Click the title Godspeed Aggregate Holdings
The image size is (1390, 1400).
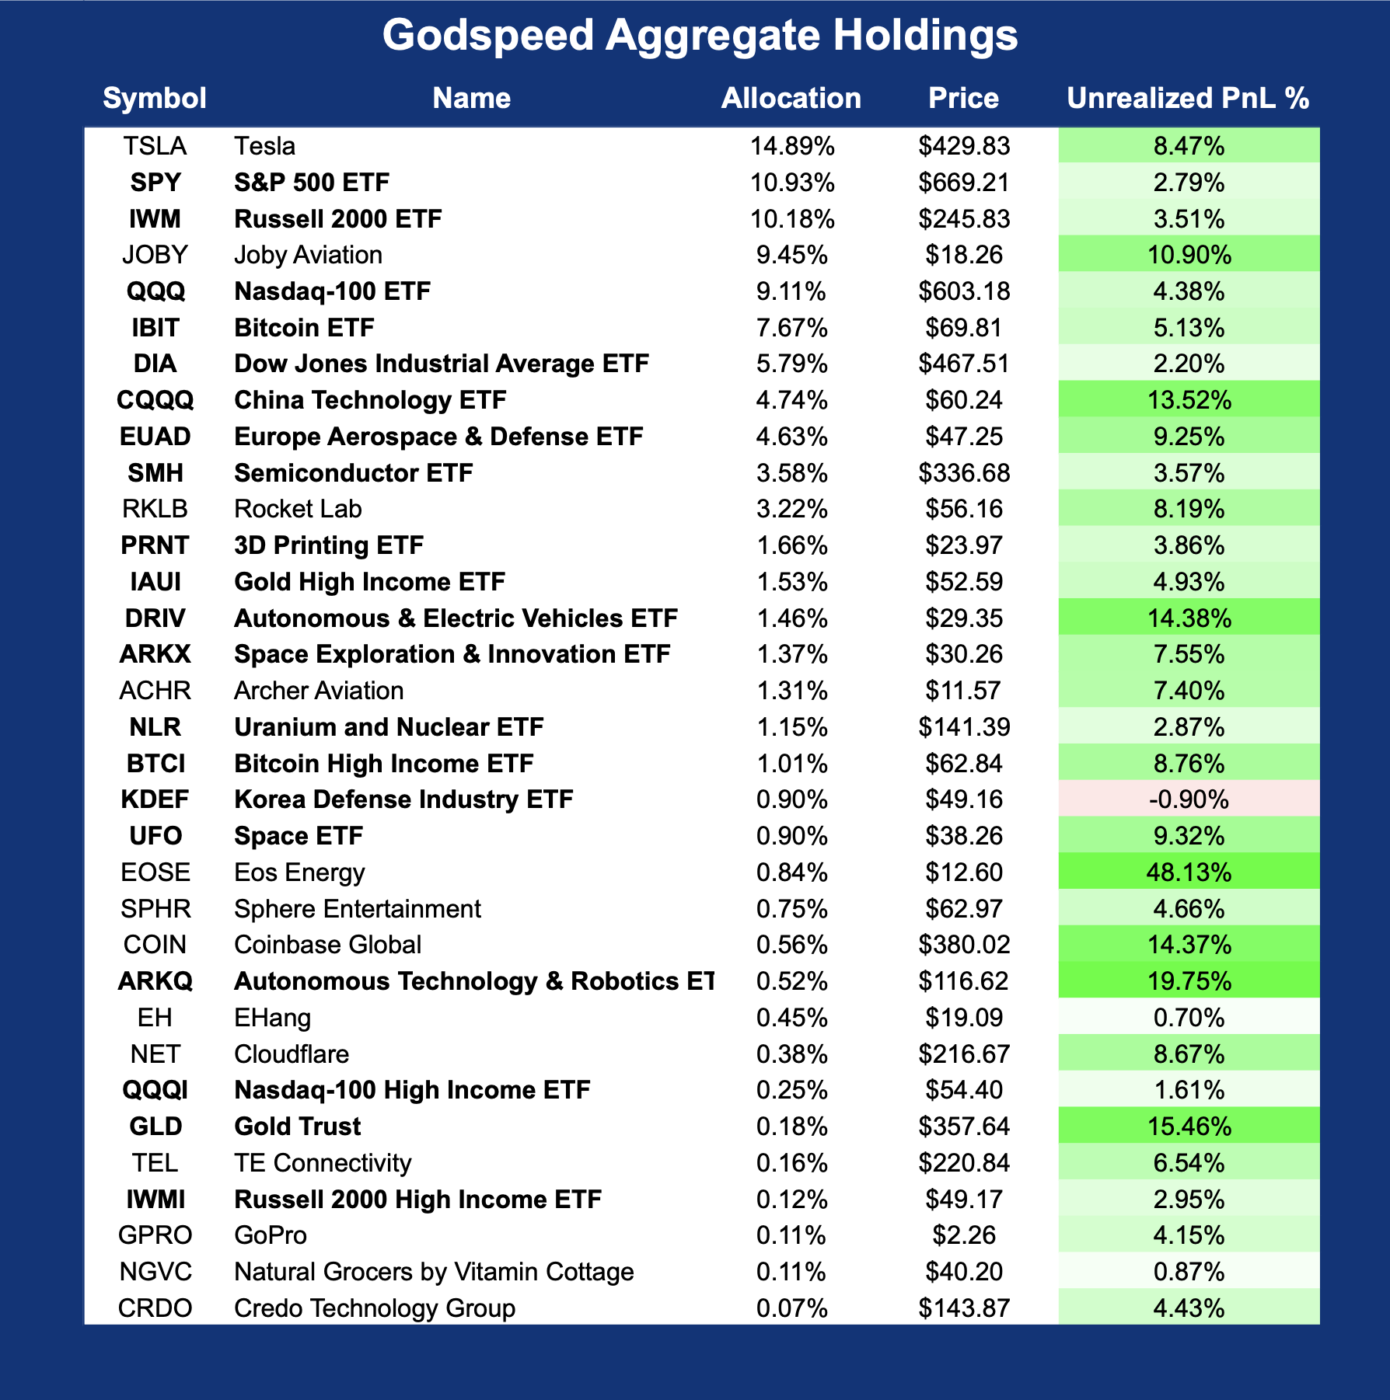tap(700, 36)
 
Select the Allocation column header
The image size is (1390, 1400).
tap(791, 99)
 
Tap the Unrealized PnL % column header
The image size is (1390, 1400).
tap(1188, 99)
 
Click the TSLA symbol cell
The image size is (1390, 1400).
tap(155, 146)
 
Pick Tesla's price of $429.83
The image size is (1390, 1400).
tap(963, 146)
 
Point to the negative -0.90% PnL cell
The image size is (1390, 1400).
tap(1189, 799)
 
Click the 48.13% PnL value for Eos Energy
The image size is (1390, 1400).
tap(1189, 872)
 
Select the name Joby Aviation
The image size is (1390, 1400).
tap(308, 255)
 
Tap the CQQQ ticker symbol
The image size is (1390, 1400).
tap(155, 400)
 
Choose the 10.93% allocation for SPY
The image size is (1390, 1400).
tap(791, 183)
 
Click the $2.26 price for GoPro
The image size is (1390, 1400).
tap(963, 1235)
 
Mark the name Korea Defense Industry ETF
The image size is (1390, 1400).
tap(403, 799)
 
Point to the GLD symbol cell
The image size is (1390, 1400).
tap(155, 1127)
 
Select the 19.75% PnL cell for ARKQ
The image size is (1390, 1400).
tap(1189, 981)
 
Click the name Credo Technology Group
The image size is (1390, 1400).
tap(374, 1308)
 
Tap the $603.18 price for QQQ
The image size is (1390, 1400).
tap(963, 291)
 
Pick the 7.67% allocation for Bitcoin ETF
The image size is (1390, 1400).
tap(791, 328)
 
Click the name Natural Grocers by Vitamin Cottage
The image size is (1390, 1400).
tap(434, 1272)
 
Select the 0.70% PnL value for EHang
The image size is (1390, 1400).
tap(1189, 1018)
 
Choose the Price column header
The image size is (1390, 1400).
tap(963, 99)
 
